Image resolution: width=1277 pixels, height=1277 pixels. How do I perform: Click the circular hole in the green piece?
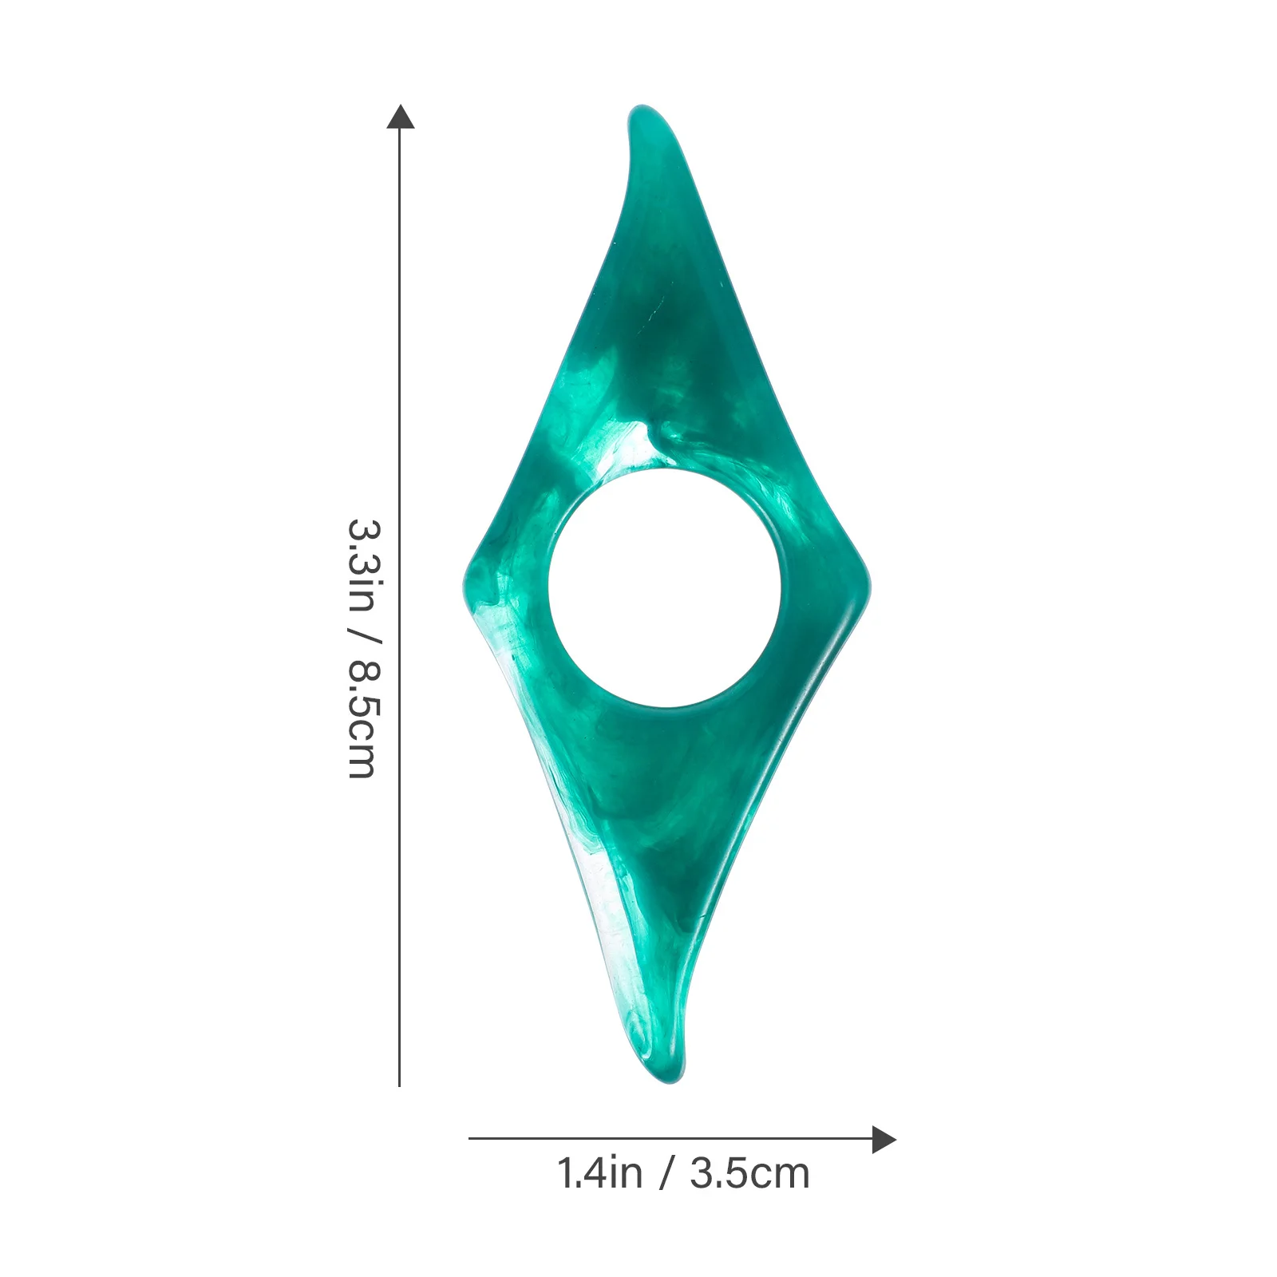click(x=664, y=587)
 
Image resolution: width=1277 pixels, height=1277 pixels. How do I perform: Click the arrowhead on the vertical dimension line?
click(x=400, y=117)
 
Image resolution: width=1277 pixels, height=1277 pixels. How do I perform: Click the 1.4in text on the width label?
click(x=599, y=1174)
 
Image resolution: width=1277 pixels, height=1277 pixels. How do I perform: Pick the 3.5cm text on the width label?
click(x=749, y=1174)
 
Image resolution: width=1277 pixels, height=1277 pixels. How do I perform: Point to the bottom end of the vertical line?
click(x=399, y=1084)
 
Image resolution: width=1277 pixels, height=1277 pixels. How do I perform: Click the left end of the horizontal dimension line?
click(x=471, y=1139)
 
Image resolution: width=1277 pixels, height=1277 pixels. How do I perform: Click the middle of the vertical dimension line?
click(x=399, y=599)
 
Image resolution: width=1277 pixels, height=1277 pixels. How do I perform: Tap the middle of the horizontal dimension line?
click(x=678, y=1139)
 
